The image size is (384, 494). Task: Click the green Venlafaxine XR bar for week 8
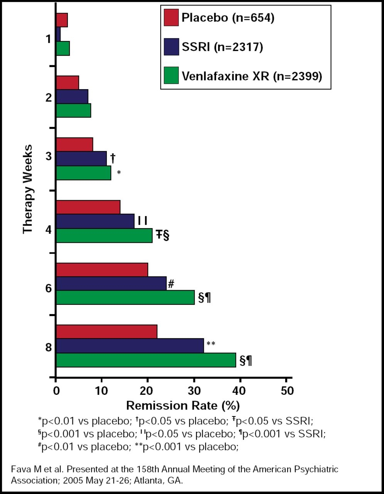146,360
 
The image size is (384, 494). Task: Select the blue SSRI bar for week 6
111,284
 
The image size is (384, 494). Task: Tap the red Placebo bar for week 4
88,207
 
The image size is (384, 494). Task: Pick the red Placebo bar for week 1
62,20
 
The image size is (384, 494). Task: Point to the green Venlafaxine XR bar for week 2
73,111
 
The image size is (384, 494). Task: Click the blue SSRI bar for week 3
81,158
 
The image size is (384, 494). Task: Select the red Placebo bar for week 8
107,332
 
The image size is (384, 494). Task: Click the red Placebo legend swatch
171,18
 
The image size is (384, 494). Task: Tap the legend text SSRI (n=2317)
222,47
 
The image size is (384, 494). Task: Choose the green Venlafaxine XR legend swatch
171,76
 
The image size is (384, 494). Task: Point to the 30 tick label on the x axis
194,391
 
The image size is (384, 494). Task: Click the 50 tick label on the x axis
286,391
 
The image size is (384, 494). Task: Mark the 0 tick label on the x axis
56,391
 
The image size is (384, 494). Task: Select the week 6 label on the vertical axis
48,288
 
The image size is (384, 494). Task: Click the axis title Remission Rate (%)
183,406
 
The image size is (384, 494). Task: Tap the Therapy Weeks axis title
27,189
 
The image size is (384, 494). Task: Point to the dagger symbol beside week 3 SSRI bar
113,157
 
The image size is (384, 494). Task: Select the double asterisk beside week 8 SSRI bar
211,344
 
